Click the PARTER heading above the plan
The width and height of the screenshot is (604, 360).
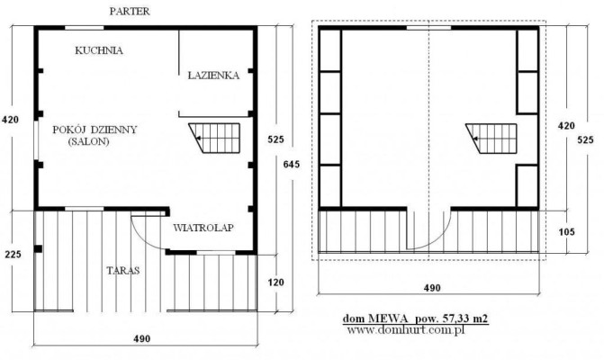point(130,12)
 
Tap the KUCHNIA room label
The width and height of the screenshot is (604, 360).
point(99,50)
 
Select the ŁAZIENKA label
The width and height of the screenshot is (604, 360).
point(213,75)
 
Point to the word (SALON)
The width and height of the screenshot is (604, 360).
point(88,141)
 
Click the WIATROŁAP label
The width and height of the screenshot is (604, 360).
point(203,228)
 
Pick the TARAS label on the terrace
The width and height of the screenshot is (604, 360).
point(123,270)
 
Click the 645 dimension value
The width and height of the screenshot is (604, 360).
point(292,165)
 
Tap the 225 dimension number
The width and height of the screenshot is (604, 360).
point(13,254)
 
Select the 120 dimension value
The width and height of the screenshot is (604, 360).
point(275,283)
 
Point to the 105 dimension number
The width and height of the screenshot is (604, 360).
point(566,232)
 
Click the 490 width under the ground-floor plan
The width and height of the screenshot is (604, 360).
point(141,338)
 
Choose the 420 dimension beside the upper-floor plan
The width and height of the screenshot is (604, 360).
point(566,125)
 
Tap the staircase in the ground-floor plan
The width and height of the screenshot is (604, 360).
point(214,138)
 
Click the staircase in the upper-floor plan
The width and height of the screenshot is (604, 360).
point(491,139)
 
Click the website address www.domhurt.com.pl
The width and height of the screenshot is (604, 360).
point(406,330)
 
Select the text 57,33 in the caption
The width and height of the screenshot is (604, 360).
point(455,319)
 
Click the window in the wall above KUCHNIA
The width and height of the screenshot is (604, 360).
point(84,28)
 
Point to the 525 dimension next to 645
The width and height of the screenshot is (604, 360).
point(275,139)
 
